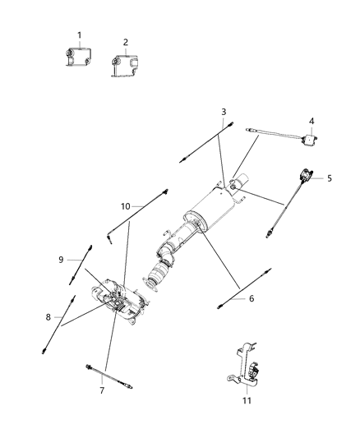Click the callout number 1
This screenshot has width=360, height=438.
[x=79, y=35]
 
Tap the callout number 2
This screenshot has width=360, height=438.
[x=125, y=42]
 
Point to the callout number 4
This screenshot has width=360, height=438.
[x=312, y=122]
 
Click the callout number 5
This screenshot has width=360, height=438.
[x=330, y=177]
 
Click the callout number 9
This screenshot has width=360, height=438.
[x=60, y=260]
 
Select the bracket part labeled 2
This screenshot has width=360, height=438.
[x=123, y=65]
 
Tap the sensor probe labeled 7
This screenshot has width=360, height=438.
[x=105, y=374]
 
